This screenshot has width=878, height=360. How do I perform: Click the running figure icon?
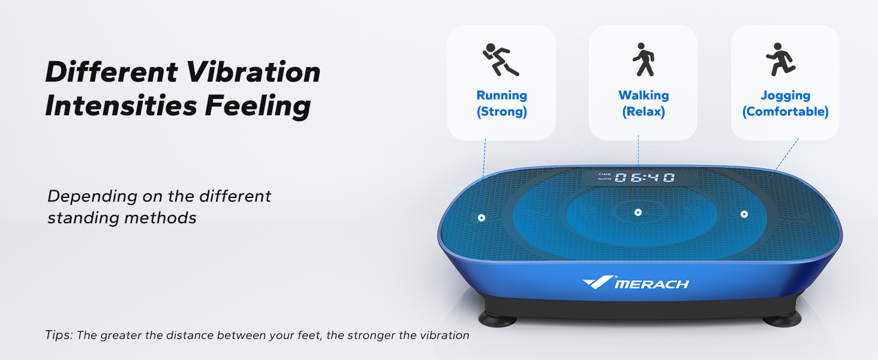pyautogui.click(x=501, y=59)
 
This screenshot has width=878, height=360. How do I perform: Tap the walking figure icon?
pyautogui.click(x=643, y=59)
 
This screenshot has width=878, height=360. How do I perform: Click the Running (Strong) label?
pyautogui.click(x=501, y=103)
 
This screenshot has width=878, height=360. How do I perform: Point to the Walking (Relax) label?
pyautogui.click(x=643, y=103)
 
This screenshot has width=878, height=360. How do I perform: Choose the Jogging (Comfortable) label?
pyautogui.click(x=785, y=103)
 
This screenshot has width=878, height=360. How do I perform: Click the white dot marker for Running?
pyautogui.click(x=482, y=217)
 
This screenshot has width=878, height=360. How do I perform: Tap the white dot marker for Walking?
pyautogui.click(x=638, y=212)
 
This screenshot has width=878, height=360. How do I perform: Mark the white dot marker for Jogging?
pyautogui.click(x=744, y=214)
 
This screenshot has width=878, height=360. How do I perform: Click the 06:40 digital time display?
pyautogui.click(x=644, y=178)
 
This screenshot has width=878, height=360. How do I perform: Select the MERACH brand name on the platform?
pyautogui.click(x=652, y=284)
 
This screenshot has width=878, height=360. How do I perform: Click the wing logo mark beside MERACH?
pyautogui.click(x=597, y=281)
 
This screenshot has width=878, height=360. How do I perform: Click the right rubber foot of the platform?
pyautogui.click(x=782, y=318)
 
